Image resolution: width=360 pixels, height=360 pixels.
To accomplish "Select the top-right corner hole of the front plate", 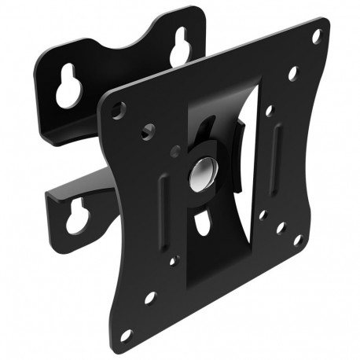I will (x=317, y=36).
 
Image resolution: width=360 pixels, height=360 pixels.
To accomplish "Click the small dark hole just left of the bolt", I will (x=175, y=152).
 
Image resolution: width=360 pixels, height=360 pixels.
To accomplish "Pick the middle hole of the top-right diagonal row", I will (x=292, y=73).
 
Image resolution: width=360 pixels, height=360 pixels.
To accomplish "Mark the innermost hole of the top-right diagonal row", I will (x=268, y=110).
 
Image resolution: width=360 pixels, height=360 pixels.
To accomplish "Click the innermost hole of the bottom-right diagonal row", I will (x=262, y=213).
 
